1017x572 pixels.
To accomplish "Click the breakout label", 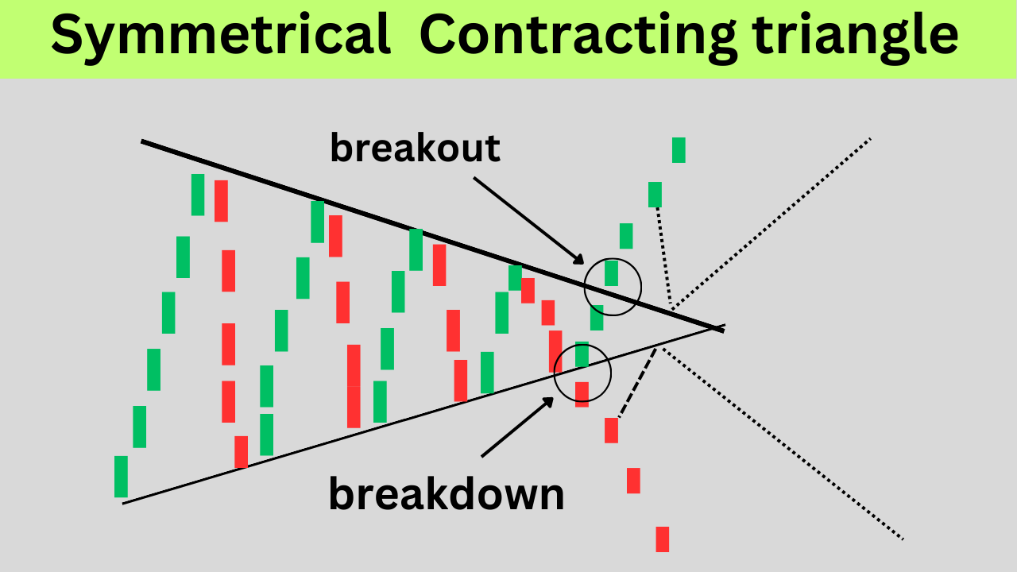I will (415, 148).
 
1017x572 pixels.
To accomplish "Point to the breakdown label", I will (446, 494).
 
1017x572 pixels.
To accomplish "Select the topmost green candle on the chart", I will (679, 149).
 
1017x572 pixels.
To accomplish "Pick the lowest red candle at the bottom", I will (662, 539).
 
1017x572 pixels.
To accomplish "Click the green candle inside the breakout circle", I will (611, 272).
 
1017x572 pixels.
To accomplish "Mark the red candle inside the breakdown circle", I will (582, 393).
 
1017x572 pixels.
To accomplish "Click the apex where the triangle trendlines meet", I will (721, 327).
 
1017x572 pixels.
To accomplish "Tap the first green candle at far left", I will (121, 477).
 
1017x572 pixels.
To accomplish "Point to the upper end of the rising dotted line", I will (870, 139).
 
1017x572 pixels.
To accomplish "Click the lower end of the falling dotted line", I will (902, 539).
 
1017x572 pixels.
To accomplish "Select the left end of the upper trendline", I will (143, 141).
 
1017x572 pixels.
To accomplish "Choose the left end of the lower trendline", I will (125, 502).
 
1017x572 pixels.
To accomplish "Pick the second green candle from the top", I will (655, 195).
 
